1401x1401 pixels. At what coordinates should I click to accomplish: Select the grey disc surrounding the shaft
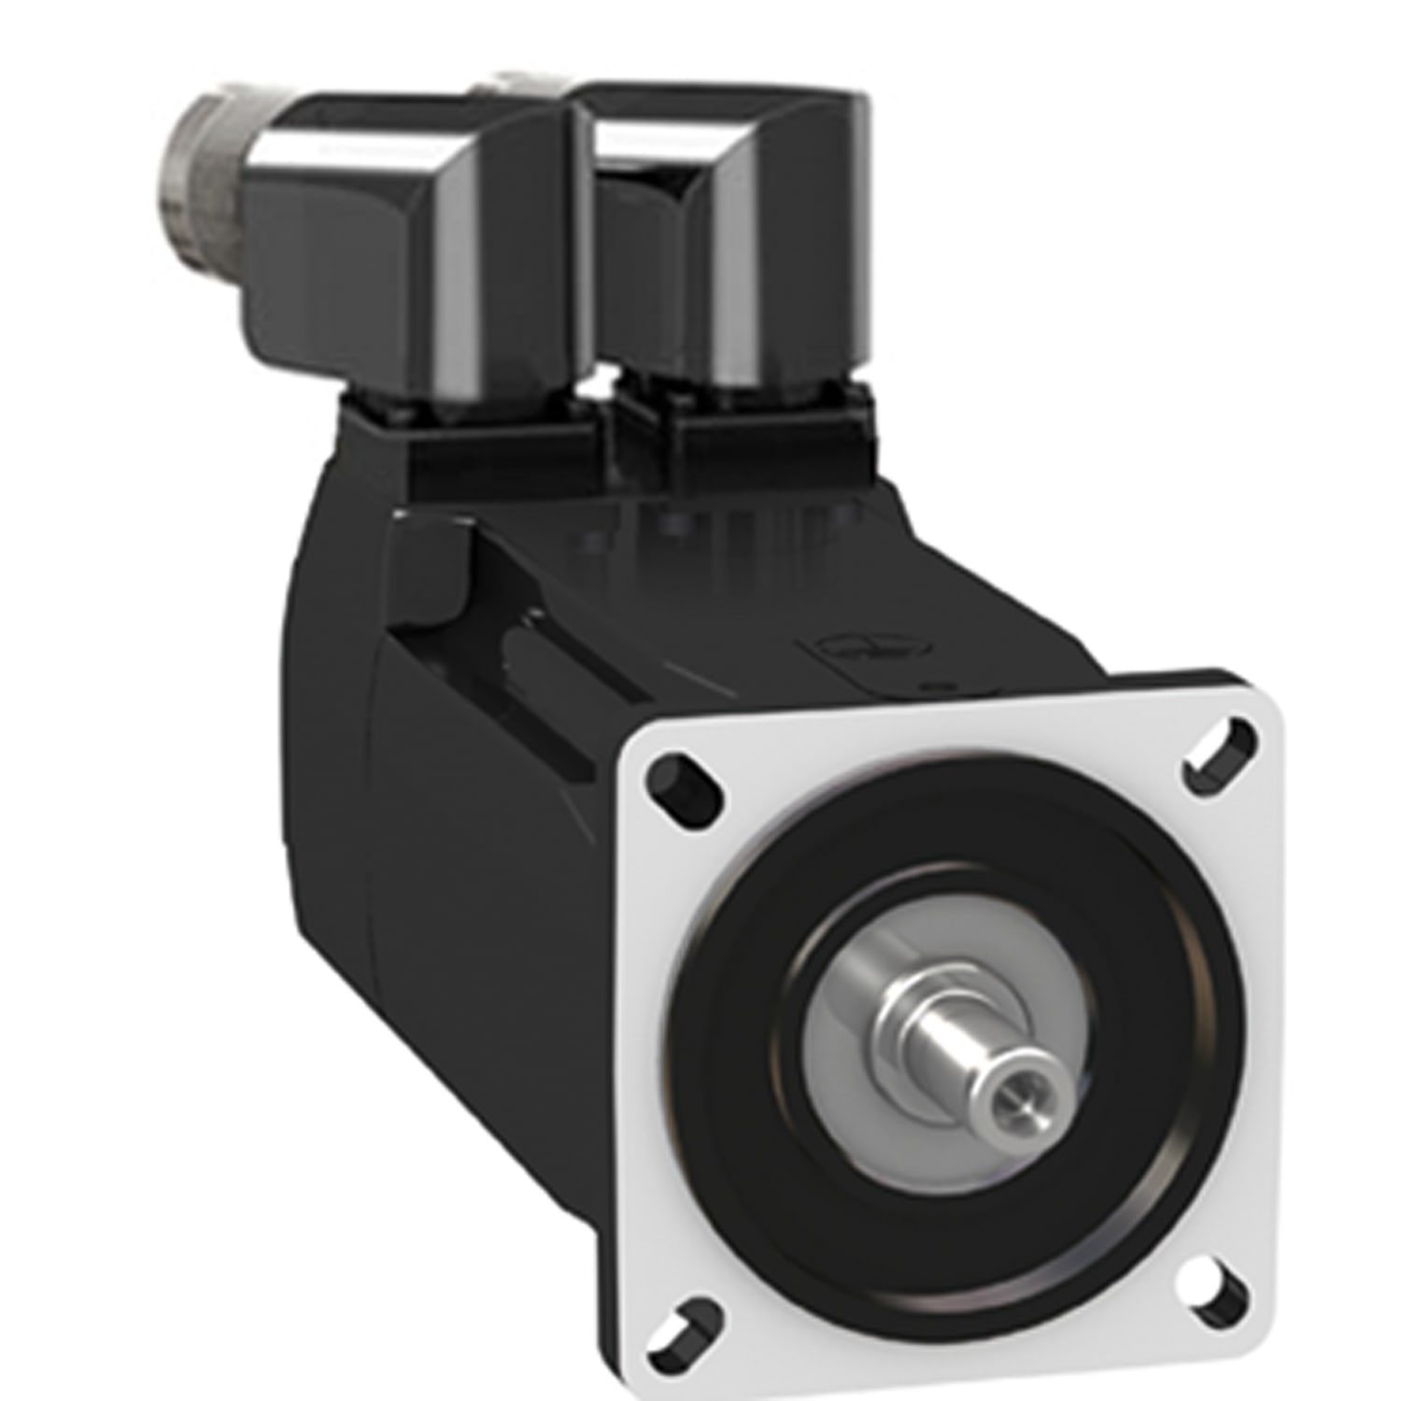pos(841,1102)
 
